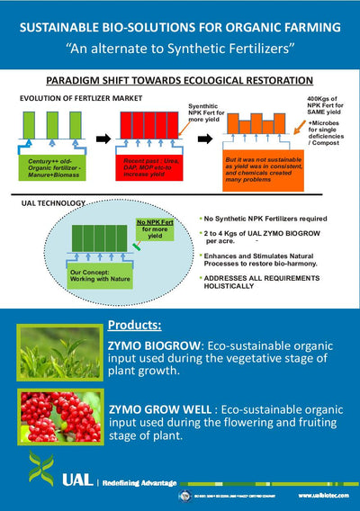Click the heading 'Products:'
point(134,325)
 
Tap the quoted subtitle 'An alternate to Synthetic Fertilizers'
point(180,46)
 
